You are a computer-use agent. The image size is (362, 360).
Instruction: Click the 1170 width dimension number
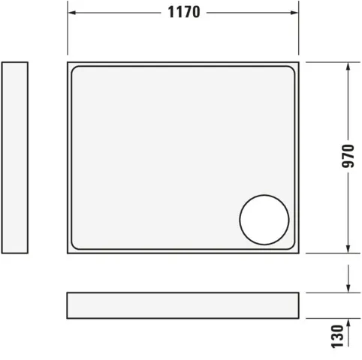point(183,13)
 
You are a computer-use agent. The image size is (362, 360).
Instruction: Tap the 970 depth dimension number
point(348,157)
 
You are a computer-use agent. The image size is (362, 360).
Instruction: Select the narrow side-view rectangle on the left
point(15,157)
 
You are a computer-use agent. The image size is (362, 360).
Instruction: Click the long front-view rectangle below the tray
point(183,305)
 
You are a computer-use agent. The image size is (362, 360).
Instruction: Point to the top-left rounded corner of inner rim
point(77,72)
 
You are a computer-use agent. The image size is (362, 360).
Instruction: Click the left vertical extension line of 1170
point(68,30)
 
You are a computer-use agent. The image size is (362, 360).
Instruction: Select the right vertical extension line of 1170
point(299,30)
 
